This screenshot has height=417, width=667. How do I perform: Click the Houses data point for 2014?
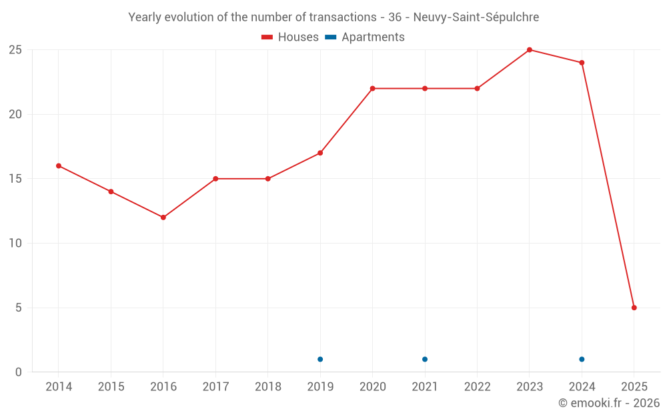[59, 165]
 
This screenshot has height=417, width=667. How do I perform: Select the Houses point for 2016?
[163, 218]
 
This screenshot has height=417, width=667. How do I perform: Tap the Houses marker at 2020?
[372, 89]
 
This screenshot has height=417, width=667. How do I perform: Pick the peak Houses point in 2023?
[530, 50]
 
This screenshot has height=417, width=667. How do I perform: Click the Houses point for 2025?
[634, 308]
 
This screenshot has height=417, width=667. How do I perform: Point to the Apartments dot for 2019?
[320, 360]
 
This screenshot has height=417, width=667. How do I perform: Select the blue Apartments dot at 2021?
[425, 360]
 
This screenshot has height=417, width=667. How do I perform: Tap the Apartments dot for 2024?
[582, 360]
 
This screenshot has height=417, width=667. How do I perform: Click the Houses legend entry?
[290, 37]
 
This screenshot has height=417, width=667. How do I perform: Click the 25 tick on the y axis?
[15, 50]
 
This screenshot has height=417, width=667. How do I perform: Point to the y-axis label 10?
[15, 244]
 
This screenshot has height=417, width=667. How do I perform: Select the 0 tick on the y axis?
[19, 372]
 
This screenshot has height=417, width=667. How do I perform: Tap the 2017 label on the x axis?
[215, 387]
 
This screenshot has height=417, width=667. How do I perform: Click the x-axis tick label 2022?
[477, 387]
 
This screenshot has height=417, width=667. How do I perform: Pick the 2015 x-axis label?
[111, 387]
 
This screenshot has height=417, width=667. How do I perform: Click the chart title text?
[333, 17]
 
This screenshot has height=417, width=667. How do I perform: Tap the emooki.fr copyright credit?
[609, 403]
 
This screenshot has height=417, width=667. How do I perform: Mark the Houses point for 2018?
[268, 179]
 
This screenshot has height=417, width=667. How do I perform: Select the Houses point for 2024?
[582, 63]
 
